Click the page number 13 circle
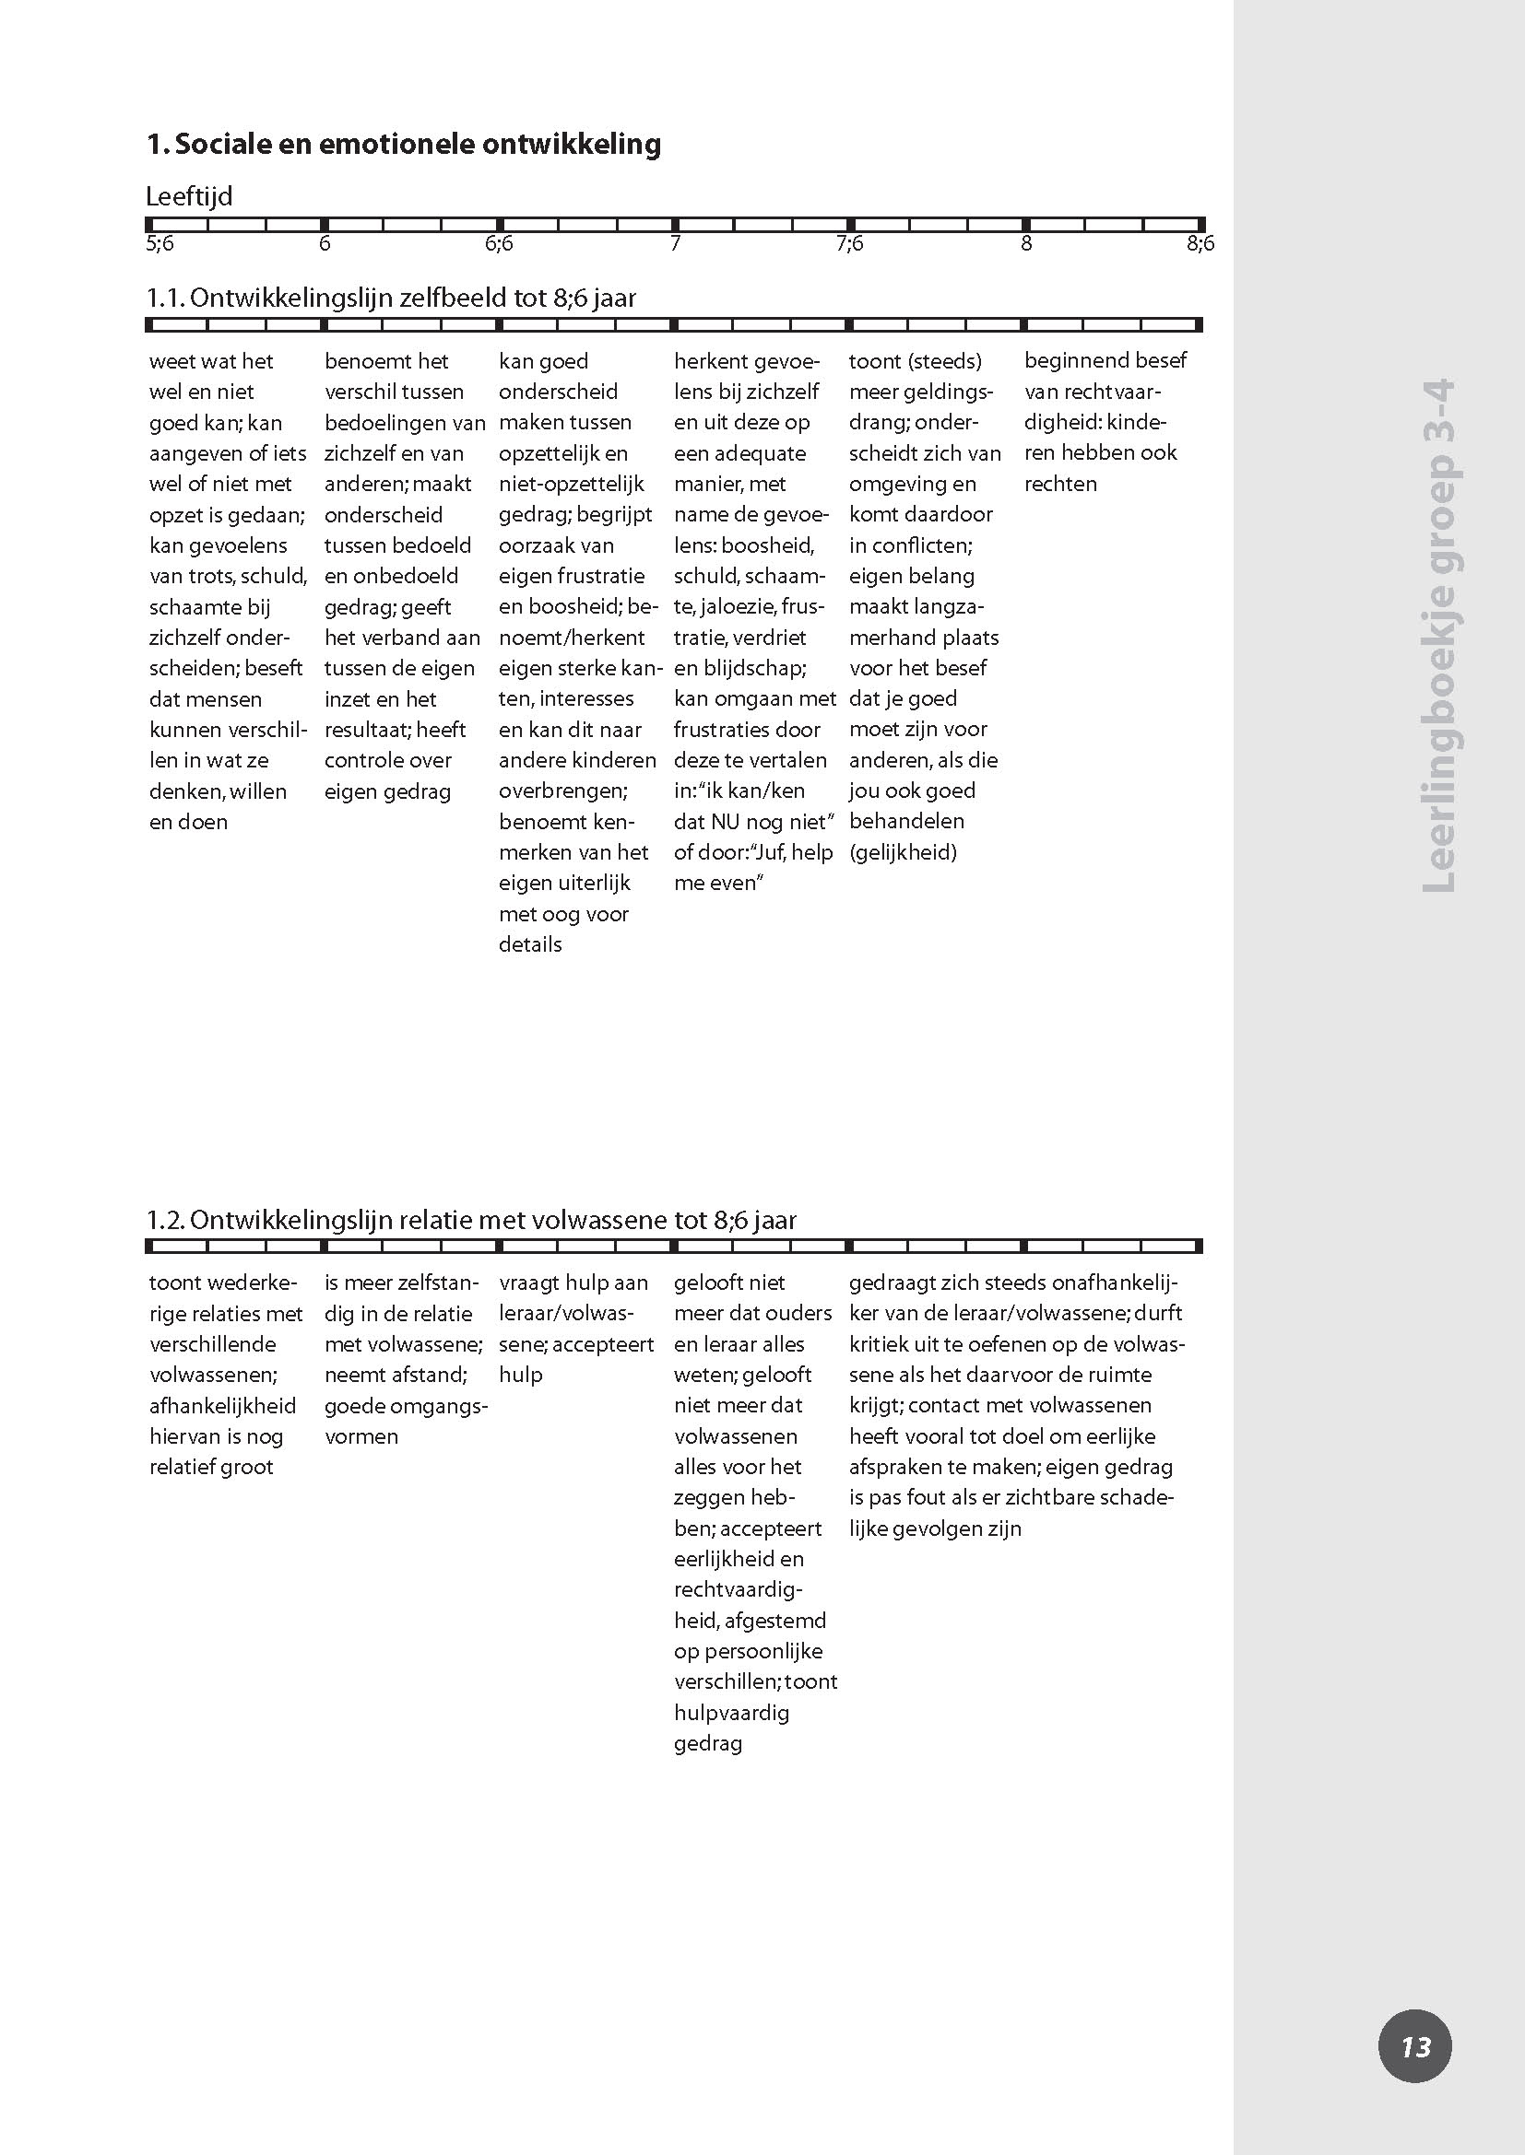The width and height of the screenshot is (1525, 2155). [x=1414, y=2046]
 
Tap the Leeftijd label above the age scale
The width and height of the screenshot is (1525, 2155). [x=189, y=197]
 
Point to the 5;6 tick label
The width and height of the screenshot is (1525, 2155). [x=160, y=244]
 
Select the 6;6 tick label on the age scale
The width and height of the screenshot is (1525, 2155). [x=499, y=244]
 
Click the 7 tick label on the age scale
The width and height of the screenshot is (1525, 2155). [x=674, y=244]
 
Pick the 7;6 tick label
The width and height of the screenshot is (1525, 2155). [x=849, y=244]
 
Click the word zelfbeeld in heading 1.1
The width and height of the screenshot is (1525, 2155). [x=455, y=299]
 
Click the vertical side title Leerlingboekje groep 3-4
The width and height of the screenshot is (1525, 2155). [x=1438, y=635]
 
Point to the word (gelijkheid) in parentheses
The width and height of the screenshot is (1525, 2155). [x=903, y=852]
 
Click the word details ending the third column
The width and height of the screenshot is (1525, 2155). [x=530, y=944]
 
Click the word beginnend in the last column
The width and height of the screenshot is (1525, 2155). [x=1063, y=360]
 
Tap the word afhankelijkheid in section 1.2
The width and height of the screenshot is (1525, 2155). [x=222, y=1405]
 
